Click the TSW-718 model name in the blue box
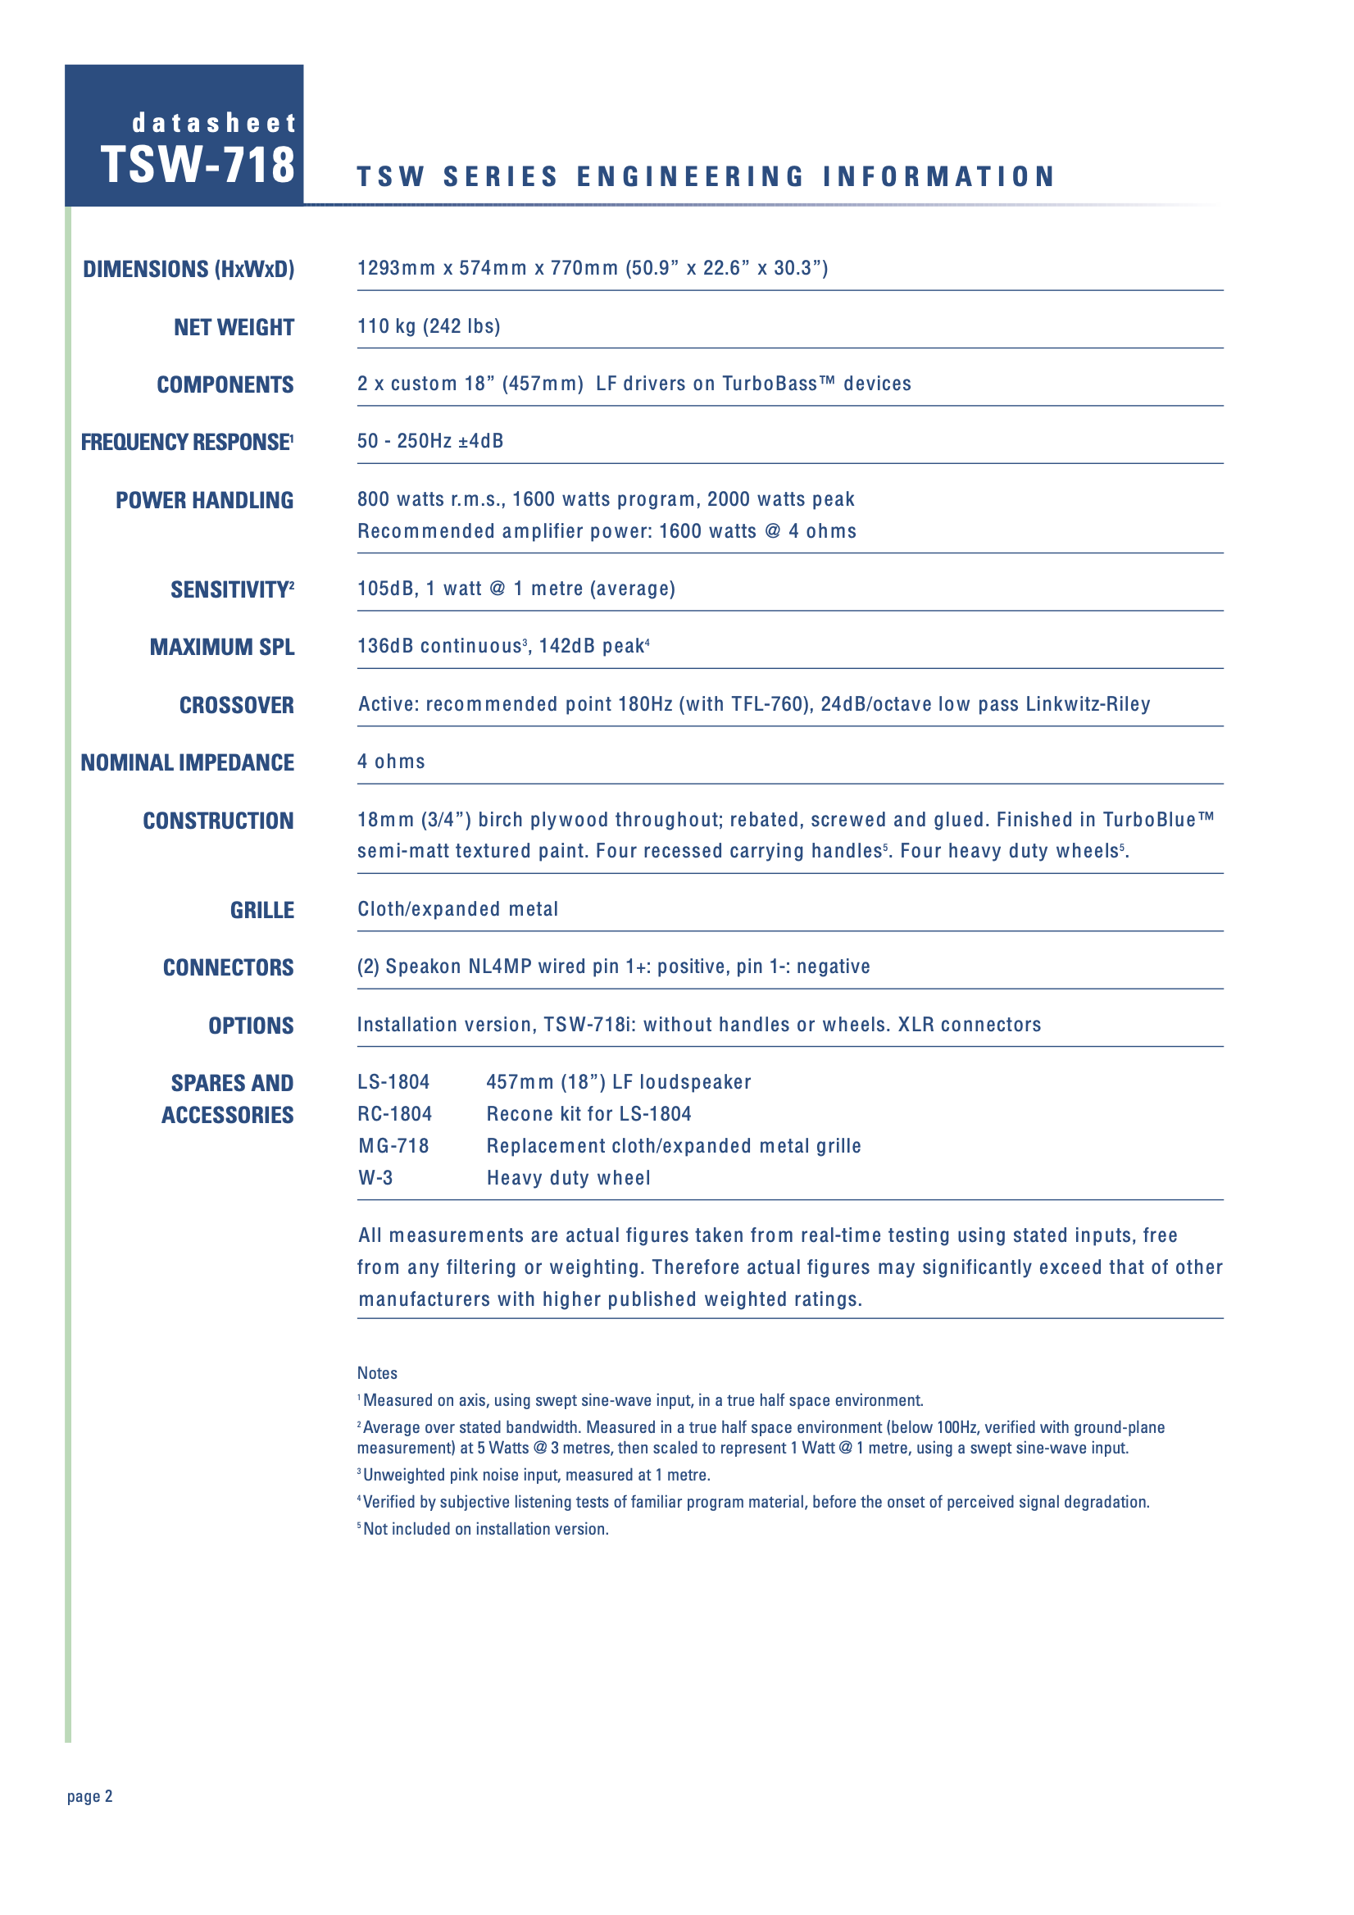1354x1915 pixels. pyautogui.click(x=198, y=164)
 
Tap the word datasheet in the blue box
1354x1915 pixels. pyautogui.click(x=214, y=124)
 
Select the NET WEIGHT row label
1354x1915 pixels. pyautogui.click(x=234, y=327)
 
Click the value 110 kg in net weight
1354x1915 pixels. pyautogui.click(x=386, y=326)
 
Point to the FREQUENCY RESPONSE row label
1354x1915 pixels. pyautogui.click(x=186, y=442)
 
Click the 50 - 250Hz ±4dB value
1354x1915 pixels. pyautogui.click(x=430, y=441)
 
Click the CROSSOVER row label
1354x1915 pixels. pyautogui.click(x=236, y=706)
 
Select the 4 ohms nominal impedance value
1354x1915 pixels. pyautogui.click(x=391, y=762)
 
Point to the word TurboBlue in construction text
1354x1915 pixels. pyautogui.click(x=1149, y=820)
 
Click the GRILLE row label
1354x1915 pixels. pyautogui.click(x=261, y=910)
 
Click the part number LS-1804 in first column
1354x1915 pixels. pyautogui.click(x=393, y=1082)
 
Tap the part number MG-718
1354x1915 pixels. pyautogui.click(x=393, y=1146)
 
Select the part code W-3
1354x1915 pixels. pyautogui.click(x=375, y=1178)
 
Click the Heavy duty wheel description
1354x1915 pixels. pyautogui.click(x=568, y=1178)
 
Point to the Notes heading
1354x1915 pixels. pyautogui.click(x=377, y=1373)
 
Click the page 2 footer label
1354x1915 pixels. pyautogui.click(x=90, y=1797)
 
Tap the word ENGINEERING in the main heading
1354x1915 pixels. pyautogui.click(x=690, y=177)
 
